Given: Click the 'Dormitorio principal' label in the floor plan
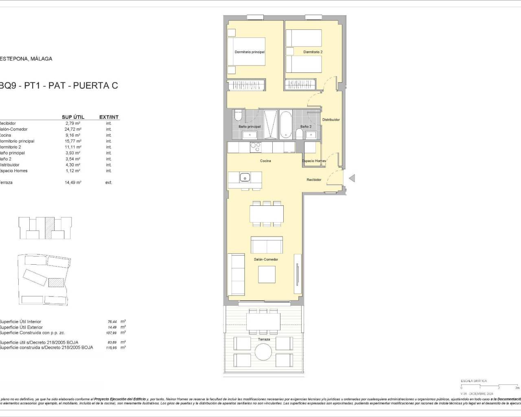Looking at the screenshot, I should pos(250,52).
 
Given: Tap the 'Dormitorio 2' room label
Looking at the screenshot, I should pos(313,52).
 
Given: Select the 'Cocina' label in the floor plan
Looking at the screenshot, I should pos(265,161).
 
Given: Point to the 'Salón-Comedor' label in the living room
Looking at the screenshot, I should pos(265,259).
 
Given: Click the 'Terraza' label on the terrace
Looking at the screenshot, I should pos(264,339).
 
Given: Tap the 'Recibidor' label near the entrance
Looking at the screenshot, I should pos(314,180).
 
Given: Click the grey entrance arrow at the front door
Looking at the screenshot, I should pos(352,178).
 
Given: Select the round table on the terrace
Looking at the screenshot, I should pos(264,351).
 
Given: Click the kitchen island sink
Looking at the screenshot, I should pos(245,177).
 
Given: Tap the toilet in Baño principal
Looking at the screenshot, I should pos(239,116).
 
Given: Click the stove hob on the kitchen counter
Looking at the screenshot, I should pos(255,147).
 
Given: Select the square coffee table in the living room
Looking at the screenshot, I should pos(267,274).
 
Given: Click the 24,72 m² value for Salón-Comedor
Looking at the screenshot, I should pos(73,129).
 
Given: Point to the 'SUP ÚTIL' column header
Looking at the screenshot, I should pos(73,117).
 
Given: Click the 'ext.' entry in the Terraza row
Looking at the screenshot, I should pos(109,182).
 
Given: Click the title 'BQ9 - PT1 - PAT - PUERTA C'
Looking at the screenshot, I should pos(59,86).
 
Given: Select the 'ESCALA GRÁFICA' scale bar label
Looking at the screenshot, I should pos(473,381).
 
